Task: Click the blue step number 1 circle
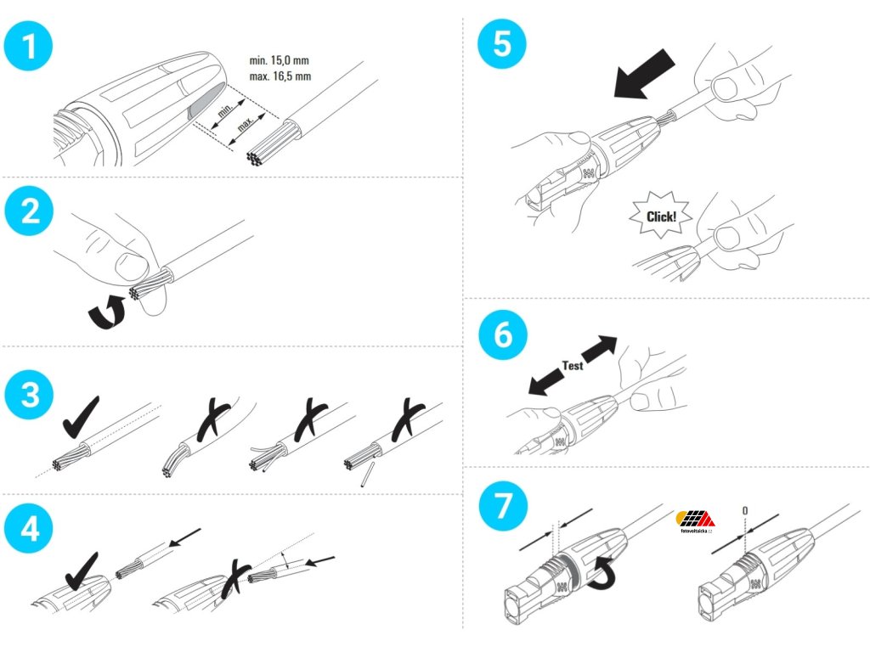coord(30,45)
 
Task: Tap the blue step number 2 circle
coord(30,211)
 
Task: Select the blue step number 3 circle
coord(30,396)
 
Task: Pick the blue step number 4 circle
coord(30,528)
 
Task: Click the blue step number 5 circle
coord(502,45)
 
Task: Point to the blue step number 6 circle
coord(502,334)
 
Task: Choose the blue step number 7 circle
coord(502,506)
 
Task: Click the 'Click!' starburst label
coord(662,216)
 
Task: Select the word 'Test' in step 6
coord(573,365)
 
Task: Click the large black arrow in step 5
coord(643,76)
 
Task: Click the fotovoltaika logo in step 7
coord(695,520)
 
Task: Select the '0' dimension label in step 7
coord(744,510)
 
